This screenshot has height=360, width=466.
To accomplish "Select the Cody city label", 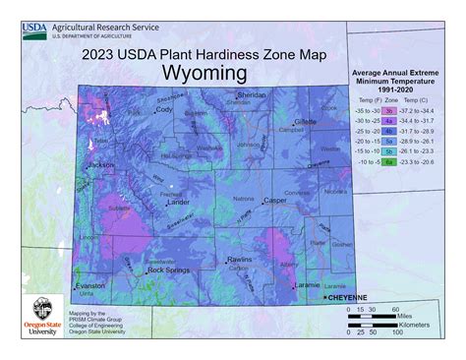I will point(163,109).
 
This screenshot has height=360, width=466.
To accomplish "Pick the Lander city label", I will point(179,202).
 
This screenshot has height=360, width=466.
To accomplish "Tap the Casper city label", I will point(274,200).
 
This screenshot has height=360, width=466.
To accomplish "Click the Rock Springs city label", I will point(167,270).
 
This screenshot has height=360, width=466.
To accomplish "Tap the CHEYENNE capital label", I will point(350,296).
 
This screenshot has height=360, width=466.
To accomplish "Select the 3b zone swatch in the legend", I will point(389,111).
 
